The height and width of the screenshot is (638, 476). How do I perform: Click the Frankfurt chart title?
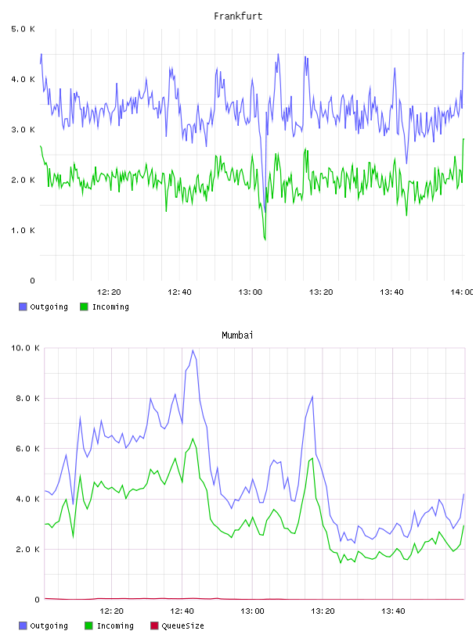pyautogui.click(x=238, y=16)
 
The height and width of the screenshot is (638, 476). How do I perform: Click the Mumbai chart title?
pyautogui.click(x=237, y=335)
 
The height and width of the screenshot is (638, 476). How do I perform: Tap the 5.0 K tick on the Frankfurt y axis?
pyautogui.click(x=23, y=29)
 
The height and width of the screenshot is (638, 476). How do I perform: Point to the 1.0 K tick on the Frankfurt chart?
pyautogui.click(x=23, y=231)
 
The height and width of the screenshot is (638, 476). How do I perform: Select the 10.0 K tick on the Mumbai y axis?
pyautogui.click(x=25, y=348)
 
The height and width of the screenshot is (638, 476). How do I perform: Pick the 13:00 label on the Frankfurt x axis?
pyautogui.click(x=251, y=292)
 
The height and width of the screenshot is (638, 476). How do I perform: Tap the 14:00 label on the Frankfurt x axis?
pyautogui.click(x=462, y=292)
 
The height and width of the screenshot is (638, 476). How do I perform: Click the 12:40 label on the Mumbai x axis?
pyautogui.click(x=182, y=611)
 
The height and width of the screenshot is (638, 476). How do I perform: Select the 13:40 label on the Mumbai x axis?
pyautogui.click(x=393, y=611)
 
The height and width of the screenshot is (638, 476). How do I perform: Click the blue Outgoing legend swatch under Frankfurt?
pyautogui.click(x=23, y=306)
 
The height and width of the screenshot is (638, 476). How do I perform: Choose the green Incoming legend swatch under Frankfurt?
pyautogui.click(x=84, y=306)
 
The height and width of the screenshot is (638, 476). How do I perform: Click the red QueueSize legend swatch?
pyautogui.click(x=154, y=625)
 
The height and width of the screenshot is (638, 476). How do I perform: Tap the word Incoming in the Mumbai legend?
pyautogui.click(x=115, y=625)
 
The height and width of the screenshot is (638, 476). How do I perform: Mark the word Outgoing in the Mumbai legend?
pyautogui.click(x=49, y=625)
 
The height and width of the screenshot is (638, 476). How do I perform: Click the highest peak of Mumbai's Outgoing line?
pyautogui.click(x=193, y=350)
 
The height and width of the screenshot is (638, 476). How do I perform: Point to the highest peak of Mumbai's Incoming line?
pyautogui.click(x=193, y=439)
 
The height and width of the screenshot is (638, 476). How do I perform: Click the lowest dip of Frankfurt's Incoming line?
pyautogui.click(x=265, y=240)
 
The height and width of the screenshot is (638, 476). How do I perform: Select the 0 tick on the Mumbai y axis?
pyautogui.click(x=37, y=600)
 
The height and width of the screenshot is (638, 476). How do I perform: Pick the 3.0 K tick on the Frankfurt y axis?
pyautogui.click(x=23, y=130)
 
